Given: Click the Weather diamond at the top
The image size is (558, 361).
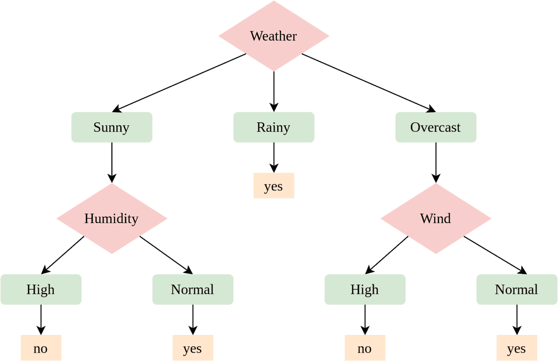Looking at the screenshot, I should (274, 36).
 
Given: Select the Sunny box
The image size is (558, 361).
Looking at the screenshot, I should (112, 127).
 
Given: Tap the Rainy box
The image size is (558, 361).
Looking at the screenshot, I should (274, 127).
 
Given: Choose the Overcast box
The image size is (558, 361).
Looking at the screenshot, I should (436, 127).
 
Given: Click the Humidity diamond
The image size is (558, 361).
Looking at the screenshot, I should (112, 218).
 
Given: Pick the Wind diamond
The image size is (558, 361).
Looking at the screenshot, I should (436, 218).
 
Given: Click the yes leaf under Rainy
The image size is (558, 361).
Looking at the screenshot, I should (274, 186).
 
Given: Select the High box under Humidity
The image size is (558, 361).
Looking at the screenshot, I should (41, 289).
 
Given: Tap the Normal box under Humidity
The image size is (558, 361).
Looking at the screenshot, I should (193, 289).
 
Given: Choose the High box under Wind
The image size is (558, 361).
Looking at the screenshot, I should (365, 289).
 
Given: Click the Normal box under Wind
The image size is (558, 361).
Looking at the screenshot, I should (517, 289).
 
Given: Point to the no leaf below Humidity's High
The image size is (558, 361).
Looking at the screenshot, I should (41, 348).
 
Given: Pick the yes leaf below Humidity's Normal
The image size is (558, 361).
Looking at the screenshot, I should (193, 348).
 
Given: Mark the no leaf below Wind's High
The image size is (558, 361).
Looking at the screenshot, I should (365, 348).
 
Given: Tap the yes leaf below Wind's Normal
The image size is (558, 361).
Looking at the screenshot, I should (517, 348).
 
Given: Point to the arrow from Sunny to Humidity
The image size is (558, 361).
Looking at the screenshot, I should (112, 162).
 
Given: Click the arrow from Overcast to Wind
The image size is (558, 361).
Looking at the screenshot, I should (436, 162).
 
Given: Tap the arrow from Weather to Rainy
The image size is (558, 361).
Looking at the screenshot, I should (274, 91).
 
